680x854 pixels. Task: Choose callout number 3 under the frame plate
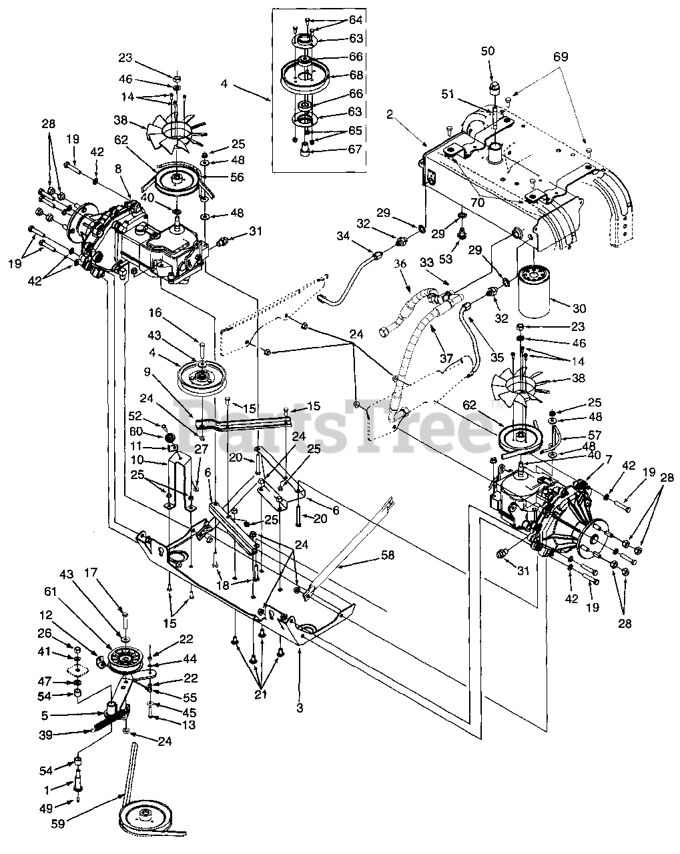[x=300, y=708]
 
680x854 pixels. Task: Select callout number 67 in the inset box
[x=355, y=149]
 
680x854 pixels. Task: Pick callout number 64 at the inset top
[x=355, y=20]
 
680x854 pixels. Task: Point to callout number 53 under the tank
[x=460, y=258]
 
